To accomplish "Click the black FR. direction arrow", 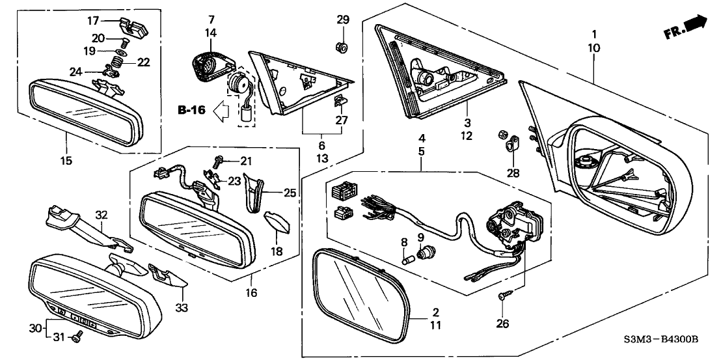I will coord(696,25).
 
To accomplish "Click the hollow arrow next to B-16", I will coord(221,111).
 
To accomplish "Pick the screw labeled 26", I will coord(502,297).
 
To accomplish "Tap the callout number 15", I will coord(66,159).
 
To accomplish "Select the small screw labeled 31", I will coord(77,338).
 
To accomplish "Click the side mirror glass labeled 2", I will coord(359,293).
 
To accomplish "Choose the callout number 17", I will coord(94,21).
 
